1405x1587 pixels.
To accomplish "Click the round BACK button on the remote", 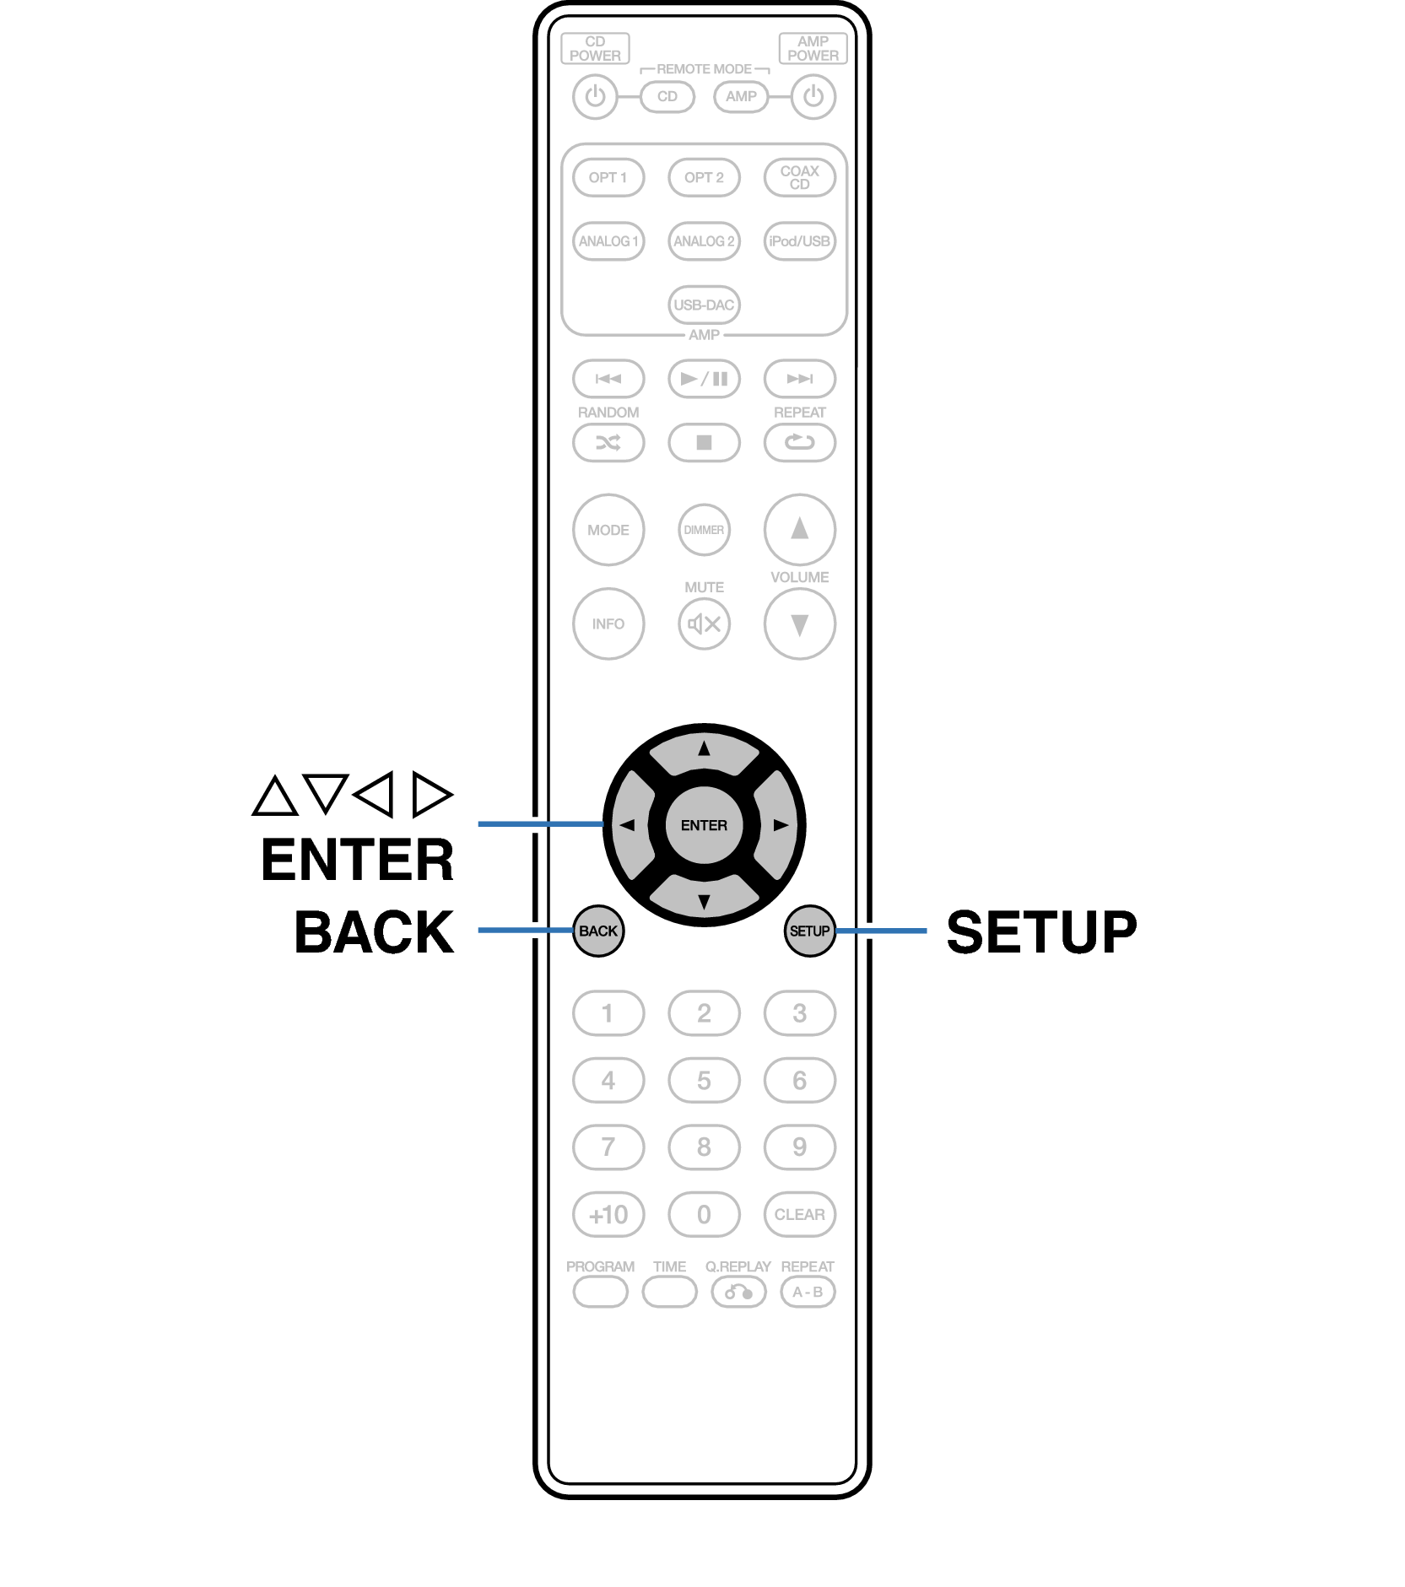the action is (x=598, y=931).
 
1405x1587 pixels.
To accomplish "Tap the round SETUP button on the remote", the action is (x=809, y=931).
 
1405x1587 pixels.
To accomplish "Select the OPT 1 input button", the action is (x=608, y=177).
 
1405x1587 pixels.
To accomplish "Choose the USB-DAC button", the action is (x=704, y=305).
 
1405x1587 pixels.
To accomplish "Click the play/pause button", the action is (x=704, y=379).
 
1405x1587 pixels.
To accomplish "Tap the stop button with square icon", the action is (x=704, y=442).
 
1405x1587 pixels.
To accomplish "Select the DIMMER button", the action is (x=704, y=530).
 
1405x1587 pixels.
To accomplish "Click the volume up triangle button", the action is (x=799, y=529).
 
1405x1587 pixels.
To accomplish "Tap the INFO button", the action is (x=608, y=623).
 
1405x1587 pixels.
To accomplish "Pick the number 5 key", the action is (x=704, y=1080).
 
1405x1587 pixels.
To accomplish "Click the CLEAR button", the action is (x=799, y=1214).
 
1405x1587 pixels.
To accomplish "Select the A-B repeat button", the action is (x=808, y=1292).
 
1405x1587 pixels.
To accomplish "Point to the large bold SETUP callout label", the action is (x=1041, y=931).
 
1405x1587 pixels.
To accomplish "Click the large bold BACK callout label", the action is (x=374, y=931).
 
